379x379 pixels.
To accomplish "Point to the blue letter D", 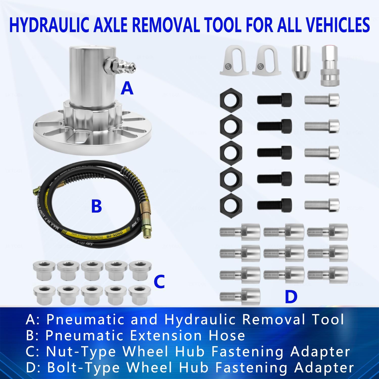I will [x=291, y=297].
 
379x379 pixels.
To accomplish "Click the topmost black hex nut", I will [x=231, y=99].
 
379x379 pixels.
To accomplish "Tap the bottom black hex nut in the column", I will [x=231, y=204].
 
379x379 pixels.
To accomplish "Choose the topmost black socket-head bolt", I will [x=274, y=99].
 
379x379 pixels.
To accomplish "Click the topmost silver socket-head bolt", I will [x=322, y=100].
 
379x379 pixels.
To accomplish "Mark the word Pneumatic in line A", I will [x=85, y=319].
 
